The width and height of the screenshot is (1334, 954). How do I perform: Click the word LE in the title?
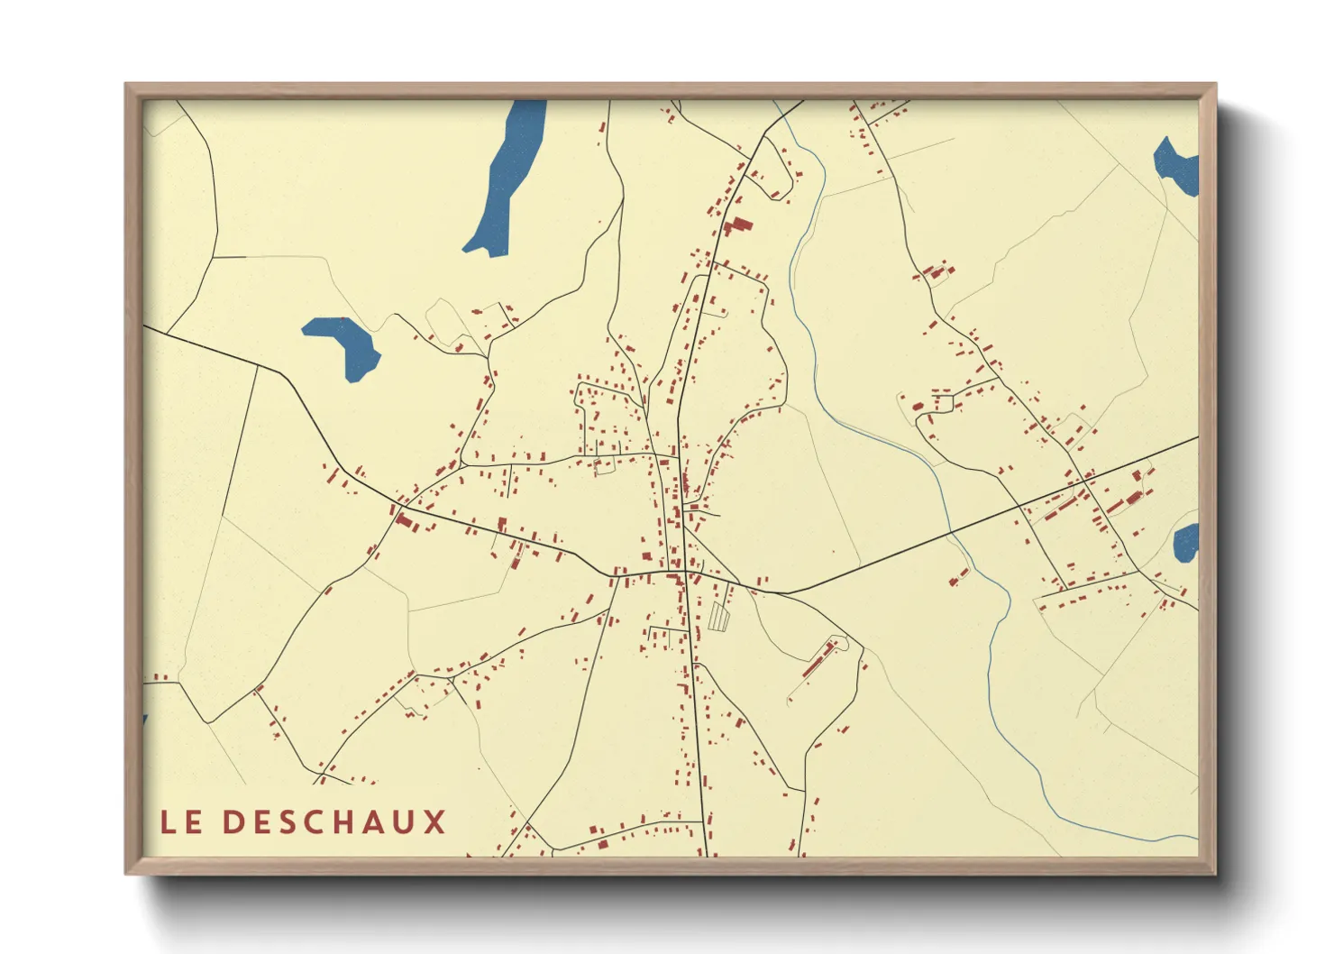click(180, 822)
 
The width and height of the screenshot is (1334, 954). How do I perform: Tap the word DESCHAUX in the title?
click(333, 822)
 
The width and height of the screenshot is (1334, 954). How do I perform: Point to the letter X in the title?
click(435, 822)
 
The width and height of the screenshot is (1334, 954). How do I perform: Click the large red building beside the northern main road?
click(739, 225)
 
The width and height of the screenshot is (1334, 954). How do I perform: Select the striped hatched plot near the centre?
click(718, 616)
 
